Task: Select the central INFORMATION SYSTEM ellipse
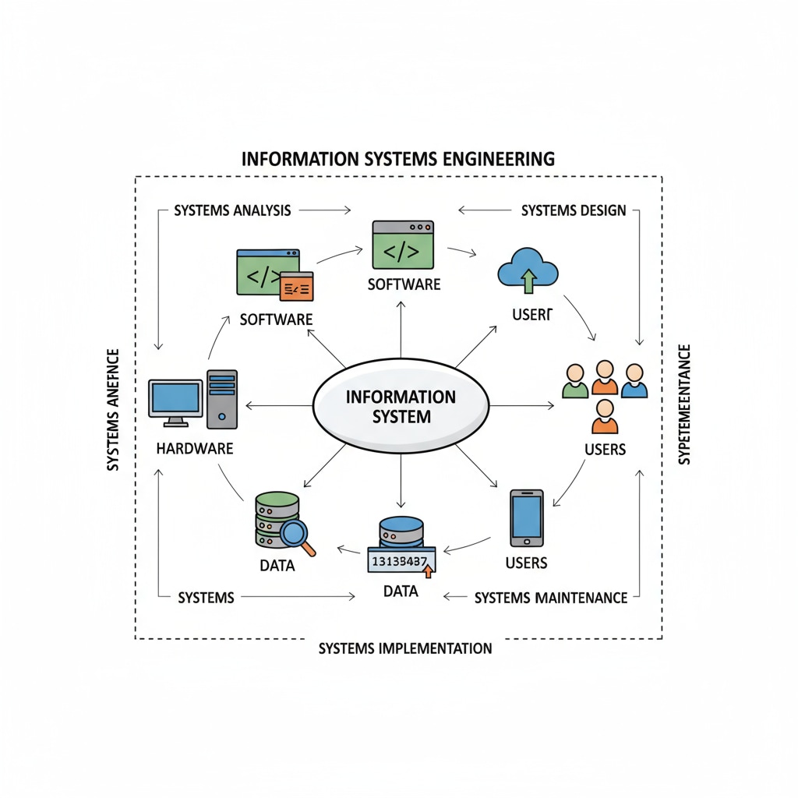click(x=401, y=406)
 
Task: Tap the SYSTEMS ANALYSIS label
click(x=232, y=210)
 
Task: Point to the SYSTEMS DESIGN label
click(x=574, y=210)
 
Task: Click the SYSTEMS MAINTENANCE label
click(x=550, y=598)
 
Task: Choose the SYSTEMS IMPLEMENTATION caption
click(x=405, y=648)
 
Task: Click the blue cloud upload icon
click(x=528, y=270)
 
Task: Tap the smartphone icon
click(x=526, y=517)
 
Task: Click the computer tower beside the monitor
click(x=222, y=399)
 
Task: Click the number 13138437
click(x=400, y=560)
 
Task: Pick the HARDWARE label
click(x=194, y=449)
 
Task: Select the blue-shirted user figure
click(x=634, y=380)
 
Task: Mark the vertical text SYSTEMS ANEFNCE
click(x=113, y=410)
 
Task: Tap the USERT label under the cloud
click(x=532, y=315)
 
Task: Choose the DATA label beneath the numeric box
click(x=401, y=591)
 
